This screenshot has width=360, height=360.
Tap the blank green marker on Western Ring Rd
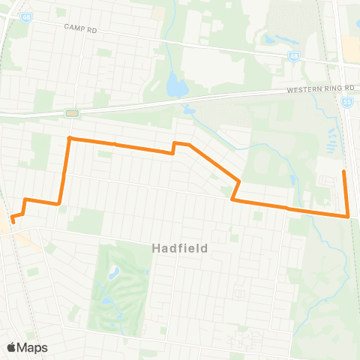(x=71, y=113)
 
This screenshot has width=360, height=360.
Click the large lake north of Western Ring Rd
(x=176, y=86)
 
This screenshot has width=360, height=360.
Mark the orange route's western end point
(x=13, y=221)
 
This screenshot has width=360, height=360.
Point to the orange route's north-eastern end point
(x=343, y=172)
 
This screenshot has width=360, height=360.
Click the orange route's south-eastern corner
(x=349, y=216)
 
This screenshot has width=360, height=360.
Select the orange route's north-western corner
(x=69, y=138)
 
